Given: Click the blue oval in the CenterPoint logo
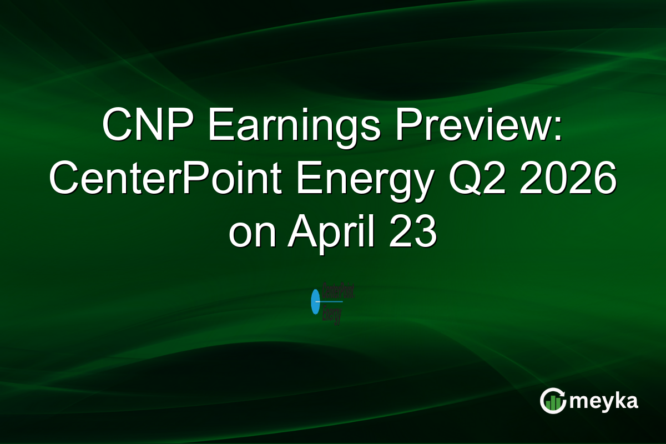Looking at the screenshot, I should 316,301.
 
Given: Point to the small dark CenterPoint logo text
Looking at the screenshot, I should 338,291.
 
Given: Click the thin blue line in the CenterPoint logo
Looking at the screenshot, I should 332,302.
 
